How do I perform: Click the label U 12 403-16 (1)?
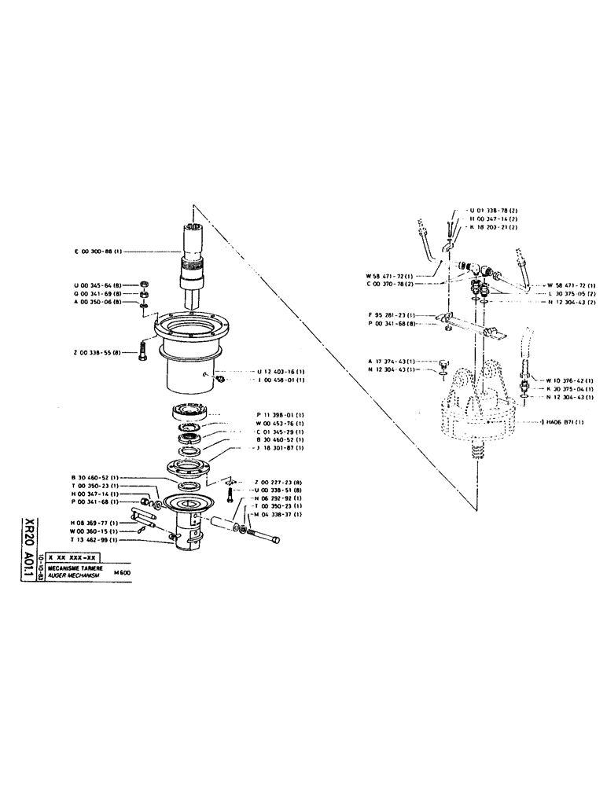(281, 370)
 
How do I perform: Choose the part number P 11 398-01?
(281, 414)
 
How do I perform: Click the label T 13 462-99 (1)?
(95, 541)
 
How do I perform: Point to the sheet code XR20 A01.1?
(30, 547)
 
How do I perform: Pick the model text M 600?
(123, 573)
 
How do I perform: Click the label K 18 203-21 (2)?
(492, 226)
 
